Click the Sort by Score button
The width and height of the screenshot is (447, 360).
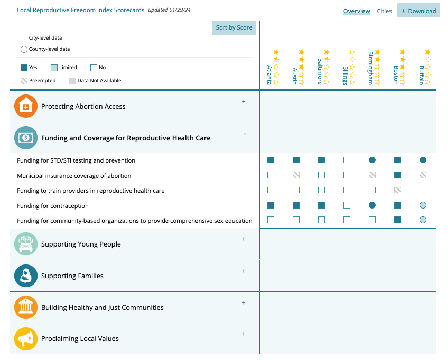234,28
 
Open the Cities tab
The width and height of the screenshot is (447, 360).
384,11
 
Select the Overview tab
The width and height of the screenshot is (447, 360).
357,11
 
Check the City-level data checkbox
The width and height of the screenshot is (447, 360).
24,38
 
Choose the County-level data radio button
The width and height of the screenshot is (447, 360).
24,49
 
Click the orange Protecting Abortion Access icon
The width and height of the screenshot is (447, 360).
26,106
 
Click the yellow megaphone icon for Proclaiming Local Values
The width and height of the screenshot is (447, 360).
26,339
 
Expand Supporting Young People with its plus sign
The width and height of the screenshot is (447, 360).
244,239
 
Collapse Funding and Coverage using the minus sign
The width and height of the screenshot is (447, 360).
244,134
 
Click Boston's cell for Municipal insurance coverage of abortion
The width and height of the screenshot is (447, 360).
398,175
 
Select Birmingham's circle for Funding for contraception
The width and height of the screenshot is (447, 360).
372,205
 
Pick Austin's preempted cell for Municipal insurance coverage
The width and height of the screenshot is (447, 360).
296,175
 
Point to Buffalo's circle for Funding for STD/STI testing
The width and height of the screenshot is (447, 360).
423,160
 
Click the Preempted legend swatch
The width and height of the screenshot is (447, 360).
24,81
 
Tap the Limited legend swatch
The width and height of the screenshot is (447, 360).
54,68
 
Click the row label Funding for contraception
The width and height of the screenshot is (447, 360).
53,206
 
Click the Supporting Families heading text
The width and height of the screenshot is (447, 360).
72,276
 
